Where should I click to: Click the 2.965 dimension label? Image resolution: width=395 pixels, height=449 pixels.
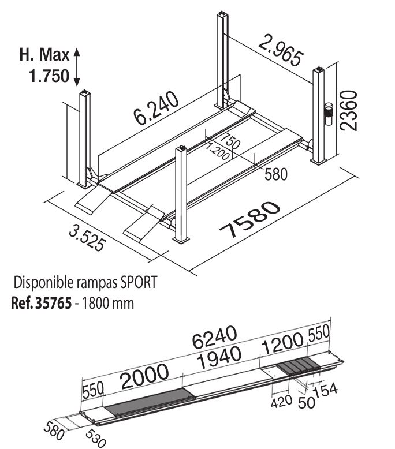(x=280, y=50)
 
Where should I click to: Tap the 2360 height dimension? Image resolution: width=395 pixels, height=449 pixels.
(x=349, y=111)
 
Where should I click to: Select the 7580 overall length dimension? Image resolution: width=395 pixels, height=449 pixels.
(x=249, y=219)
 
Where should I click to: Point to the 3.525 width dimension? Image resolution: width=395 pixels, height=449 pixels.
(x=87, y=238)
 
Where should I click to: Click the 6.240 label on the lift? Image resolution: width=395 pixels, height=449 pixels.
(x=156, y=108)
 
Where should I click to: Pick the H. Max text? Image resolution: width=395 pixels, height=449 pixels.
(x=44, y=54)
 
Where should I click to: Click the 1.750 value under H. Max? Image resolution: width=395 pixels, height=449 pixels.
(x=49, y=76)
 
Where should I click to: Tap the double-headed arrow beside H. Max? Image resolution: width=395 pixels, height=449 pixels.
(x=76, y=68)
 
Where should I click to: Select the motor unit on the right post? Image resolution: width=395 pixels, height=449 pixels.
(x=328, y=114)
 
